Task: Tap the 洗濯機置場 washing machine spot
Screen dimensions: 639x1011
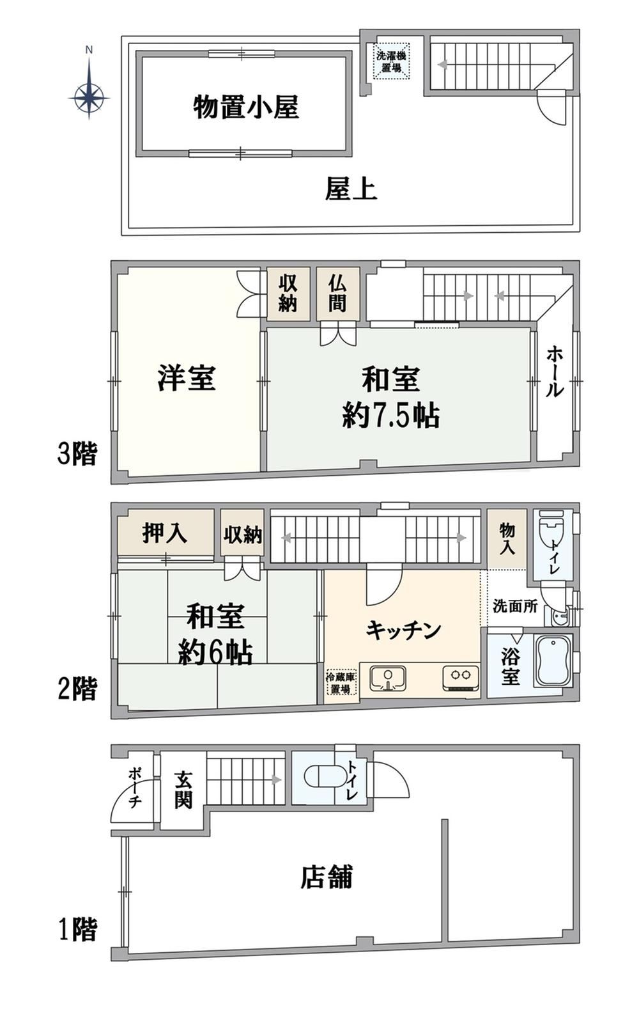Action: click(392, 61)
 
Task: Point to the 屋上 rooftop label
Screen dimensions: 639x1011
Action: click(351, 188)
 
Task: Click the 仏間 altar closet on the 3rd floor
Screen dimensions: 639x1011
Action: click(338, 294)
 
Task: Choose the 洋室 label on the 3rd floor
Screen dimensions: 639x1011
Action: click(187, 378)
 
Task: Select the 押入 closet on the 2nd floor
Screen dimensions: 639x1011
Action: click(166, 533)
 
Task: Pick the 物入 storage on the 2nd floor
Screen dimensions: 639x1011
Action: click(507, 539)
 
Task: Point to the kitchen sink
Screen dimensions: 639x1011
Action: click(388, 677)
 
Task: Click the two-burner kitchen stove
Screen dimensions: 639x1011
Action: click(461, 678)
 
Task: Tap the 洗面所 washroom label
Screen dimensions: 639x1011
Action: click(515, 606)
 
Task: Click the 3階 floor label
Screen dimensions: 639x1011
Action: click(77, 455)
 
